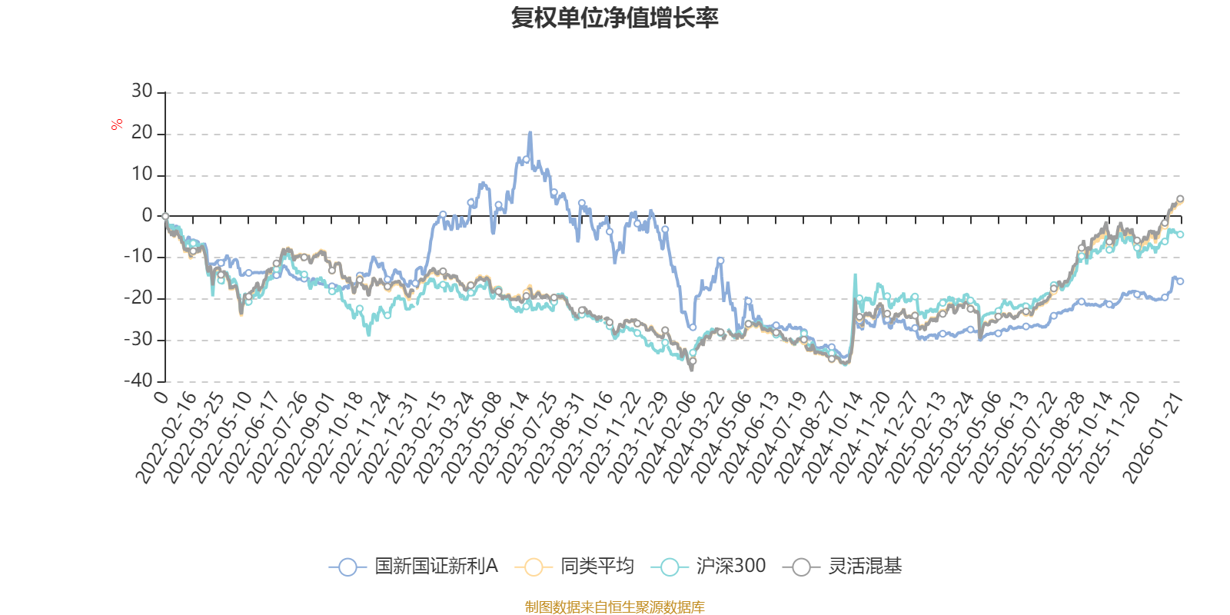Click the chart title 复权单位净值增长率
pos(614,18)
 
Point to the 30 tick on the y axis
pos(141,91)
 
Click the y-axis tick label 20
pos(141,133)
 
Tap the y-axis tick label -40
pos(138,380)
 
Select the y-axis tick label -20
pos(138,298)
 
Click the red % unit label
pos(117,125)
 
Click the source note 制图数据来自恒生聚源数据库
pos(614,607)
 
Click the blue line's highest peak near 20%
pos(530,133)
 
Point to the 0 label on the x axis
pos(161,397)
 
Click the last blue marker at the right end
pos(1180,281)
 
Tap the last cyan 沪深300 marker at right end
pos(1180,234)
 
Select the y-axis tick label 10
pos(141,174)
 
